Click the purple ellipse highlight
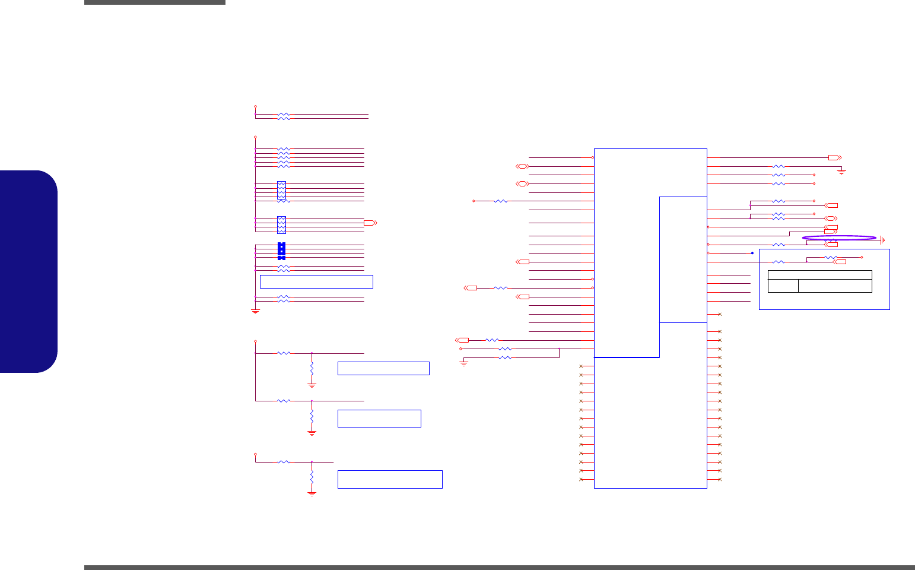point(839,238)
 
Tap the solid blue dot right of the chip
point(752,253)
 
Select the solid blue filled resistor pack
point(281,251)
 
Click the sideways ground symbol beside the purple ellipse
point(883,240)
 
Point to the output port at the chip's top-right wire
point(834,158)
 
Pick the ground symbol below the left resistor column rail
point(256,311)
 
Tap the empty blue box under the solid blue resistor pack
point(316,281)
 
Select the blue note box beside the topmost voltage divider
point(383,368)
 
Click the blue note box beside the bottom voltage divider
point(390,479)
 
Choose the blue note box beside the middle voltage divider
point(379,418)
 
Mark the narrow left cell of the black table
point(783,286)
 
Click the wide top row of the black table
point(819,274)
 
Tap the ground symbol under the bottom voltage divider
point(312,493)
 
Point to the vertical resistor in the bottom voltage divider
point(312,477)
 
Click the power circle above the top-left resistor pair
point(256,106)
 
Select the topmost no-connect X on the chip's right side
point(720,314)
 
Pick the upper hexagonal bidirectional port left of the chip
point(522,166)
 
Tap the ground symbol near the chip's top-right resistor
point(841,172)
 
